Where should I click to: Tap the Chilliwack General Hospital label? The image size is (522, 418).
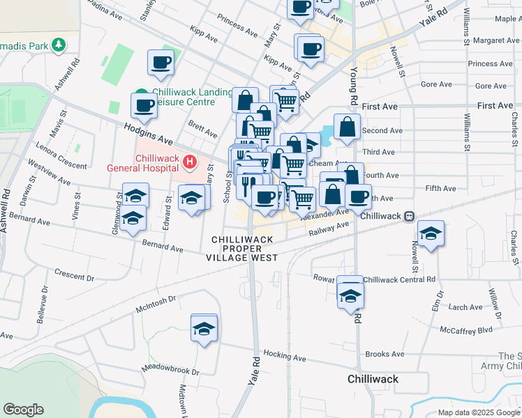point(144,163)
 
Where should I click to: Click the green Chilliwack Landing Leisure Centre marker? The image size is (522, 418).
point(142,93)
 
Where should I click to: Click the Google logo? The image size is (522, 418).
point(23,410)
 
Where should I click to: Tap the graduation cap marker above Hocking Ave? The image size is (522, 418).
point(204,330)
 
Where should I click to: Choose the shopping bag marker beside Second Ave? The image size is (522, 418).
point(347,128)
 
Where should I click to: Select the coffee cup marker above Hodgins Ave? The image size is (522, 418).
point(144,107)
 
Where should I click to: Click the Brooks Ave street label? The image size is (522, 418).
point(385,354)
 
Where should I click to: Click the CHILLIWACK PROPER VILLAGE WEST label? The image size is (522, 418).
point(242,249)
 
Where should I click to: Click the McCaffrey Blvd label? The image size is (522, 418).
point(466,330)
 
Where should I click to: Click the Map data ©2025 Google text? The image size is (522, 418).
point(478,412)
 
